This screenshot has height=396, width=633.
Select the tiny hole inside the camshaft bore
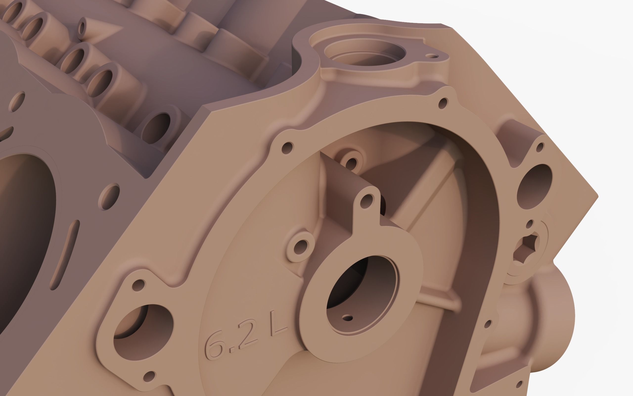(x=347, y=318)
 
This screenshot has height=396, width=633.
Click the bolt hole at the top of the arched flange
(x=443, y=103)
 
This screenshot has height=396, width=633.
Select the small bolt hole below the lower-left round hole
(x=149, y=376)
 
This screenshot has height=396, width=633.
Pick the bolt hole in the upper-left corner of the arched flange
(x=288, y=148)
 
